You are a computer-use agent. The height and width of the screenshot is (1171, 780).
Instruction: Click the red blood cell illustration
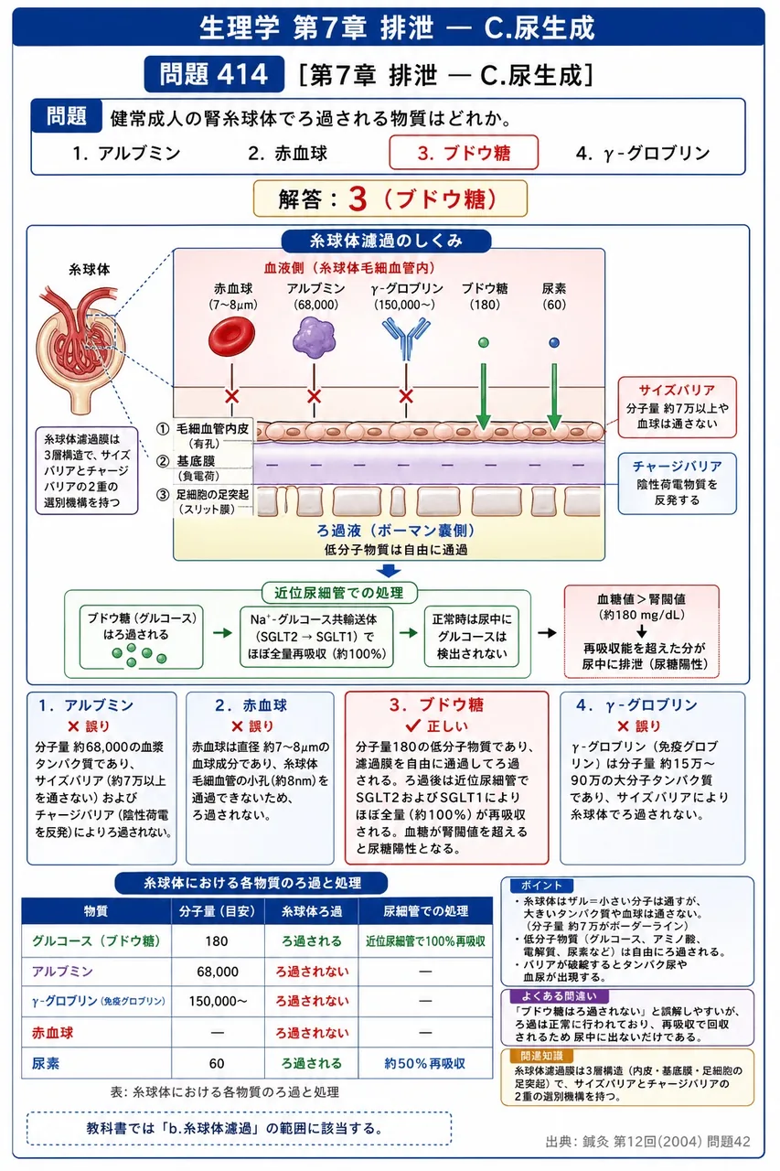(231, 338)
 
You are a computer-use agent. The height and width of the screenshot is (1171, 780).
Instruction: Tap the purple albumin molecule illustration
(314, 338)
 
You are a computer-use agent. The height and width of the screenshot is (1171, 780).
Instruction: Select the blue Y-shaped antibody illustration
(406, 338)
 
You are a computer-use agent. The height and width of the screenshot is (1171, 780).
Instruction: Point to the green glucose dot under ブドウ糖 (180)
(483, 342)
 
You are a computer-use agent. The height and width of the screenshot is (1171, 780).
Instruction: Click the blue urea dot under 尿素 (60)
(554, 342)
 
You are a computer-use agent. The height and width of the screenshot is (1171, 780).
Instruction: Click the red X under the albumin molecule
(314, 396)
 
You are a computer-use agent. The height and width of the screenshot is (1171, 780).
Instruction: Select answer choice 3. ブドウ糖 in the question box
(464, 153)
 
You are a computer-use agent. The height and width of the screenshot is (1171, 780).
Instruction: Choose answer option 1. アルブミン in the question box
(127, 153)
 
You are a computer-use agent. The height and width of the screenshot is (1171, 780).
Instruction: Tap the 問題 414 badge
(214, 74)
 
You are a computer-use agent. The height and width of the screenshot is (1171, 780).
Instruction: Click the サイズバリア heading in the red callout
(677, 390)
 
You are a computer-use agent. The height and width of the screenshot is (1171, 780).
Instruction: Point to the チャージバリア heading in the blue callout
(677, 466)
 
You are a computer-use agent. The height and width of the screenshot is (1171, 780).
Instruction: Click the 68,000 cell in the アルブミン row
(218, 972)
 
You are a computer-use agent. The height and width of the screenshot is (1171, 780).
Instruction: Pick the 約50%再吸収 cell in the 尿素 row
(424, 1063)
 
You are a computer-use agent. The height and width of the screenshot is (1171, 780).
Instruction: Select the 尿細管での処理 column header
(425, 911)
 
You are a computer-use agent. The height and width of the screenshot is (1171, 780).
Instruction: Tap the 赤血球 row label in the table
(53, 1033)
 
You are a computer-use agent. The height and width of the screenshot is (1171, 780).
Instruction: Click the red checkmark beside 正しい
(412, 725)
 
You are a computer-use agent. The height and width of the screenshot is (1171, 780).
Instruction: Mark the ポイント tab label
(541, 885)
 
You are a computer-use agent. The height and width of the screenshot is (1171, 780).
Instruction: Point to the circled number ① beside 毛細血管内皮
(163, 429)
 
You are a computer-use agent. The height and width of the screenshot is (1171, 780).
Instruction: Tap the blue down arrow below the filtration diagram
(389, 570)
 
